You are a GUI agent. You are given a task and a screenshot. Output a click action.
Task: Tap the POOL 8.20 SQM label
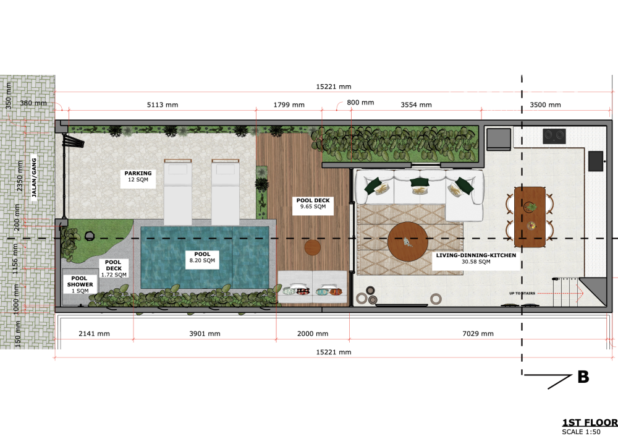[202, 258]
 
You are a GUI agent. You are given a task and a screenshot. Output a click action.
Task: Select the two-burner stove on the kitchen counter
[554, 136]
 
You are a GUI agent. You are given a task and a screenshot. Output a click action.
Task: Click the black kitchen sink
[596, 161]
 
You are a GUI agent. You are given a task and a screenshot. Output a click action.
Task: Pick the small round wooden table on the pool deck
[313, 247]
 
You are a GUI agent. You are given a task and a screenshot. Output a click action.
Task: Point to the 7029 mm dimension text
[478, 334]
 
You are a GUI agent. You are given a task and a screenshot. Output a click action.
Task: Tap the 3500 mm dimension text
[546, 105]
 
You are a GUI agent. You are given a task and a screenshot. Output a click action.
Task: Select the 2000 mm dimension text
[313, 334]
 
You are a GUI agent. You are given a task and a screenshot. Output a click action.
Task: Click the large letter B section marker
[583, 377]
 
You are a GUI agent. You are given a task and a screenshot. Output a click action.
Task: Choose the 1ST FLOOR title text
[589, 422]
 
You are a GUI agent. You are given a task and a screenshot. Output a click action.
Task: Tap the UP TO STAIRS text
[522, 292]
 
